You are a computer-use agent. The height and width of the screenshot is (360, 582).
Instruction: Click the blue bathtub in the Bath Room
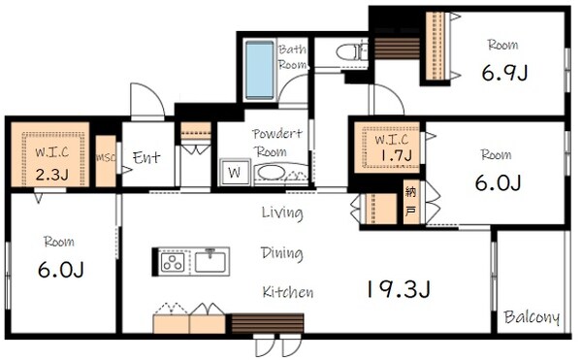[x=260, y=70]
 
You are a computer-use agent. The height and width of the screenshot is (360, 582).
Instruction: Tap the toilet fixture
[x=352, y=52]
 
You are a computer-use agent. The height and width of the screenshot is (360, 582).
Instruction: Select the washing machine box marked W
[x=235, y=172]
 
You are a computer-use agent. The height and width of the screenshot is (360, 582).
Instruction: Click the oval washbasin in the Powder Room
[x=272, y=173]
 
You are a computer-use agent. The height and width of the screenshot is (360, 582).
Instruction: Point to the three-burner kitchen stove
[x=173, y=261]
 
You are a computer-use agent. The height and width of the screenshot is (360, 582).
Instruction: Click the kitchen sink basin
[x=210, y=261]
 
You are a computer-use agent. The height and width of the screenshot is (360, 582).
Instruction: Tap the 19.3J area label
[x=399, y=289]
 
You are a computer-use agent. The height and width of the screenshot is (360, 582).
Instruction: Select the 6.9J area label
[x=504, y=73]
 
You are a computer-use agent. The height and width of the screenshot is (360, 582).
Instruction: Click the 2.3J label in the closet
[x=52, y=174]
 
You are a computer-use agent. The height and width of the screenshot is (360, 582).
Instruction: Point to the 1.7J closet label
[x=397, y=155]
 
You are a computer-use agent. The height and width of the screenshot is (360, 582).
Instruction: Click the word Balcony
[x=532, y=317]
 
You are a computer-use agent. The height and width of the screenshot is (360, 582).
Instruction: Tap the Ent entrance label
[x=146, y=158]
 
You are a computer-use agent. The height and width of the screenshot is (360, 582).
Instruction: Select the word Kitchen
[x=288, y=292]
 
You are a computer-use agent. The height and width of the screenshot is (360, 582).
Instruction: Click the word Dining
[x=282, y=254]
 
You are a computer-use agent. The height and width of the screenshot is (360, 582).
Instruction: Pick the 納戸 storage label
[x=410, y=202]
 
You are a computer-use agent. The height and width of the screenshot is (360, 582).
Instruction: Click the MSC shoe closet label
[x=106, y=158]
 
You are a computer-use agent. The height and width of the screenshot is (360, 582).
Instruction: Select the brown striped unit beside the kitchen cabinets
[x=268, y=323]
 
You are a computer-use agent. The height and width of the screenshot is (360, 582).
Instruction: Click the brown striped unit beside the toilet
[x=397, y=49]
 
